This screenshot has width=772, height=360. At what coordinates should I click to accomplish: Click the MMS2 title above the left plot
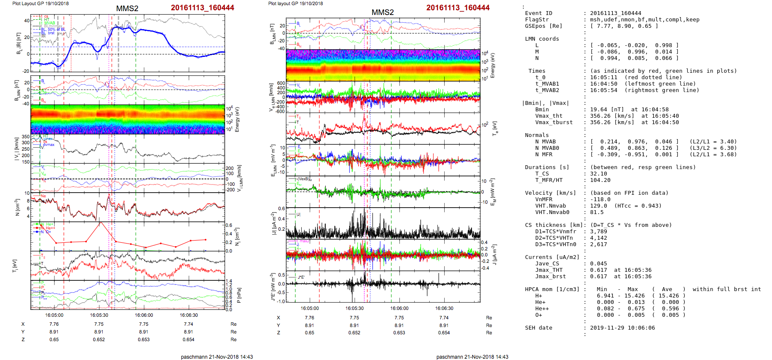pyautogui.click(x=127, y=9)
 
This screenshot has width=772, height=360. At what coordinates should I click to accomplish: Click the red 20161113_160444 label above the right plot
pyautogui.click(x=457, y=8)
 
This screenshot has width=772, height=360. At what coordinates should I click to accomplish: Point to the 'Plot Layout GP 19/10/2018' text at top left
pyautogui.click(x=40, y=3)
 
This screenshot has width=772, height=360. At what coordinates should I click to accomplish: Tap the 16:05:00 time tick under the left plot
pyautogui.click(x=54, y=315)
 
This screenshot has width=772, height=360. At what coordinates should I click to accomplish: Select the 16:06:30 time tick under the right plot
pyautogui.click(x=444, y=308)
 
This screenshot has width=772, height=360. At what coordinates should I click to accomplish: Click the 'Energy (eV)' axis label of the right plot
pyautogui.click(x=492, y=65)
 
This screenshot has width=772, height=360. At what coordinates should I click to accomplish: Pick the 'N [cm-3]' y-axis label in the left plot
pyautogui.click(x=18, y=207)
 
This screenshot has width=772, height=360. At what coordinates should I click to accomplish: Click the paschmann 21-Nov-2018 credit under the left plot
pyautogui.click(x=217, y=357)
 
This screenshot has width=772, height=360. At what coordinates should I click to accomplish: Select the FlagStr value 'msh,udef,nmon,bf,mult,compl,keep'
pyautogui.click(x=644, y=20)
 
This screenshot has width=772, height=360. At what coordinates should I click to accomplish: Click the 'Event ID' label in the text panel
pyautogui.click(x=538, y=13)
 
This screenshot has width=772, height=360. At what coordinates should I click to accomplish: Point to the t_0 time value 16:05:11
pyautogui.click(x=603, y=77)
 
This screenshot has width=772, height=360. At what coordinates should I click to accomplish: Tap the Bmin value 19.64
pyautogui.click(x=599, y=110)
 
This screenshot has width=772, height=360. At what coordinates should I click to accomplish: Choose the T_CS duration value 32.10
pyautogui.click(x=599, y=174)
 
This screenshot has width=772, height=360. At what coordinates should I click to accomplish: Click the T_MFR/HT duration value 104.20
pyautogui.click(x=600, y=180)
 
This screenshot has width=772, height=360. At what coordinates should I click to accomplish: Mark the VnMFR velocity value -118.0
pyautogui.click(x=600, y=199)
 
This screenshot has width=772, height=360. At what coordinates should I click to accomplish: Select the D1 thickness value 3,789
pyautogui.click(x=598, y=232)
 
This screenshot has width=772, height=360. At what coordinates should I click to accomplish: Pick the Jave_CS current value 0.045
pyautogui.click(x=598, y=264)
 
